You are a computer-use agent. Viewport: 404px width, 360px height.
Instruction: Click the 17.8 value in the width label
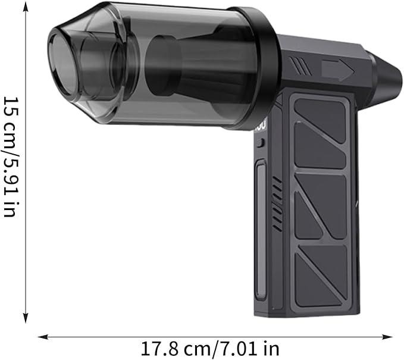pos(159,349)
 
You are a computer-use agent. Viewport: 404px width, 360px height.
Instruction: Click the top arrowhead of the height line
pos(25,6)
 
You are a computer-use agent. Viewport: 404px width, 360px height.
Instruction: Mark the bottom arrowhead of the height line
pos(25,318)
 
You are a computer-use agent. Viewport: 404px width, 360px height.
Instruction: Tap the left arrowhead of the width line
pos(43,337)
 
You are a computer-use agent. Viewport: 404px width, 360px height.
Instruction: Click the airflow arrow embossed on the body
pos(338,70)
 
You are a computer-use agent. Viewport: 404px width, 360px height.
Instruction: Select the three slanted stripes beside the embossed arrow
pos(300,65)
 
